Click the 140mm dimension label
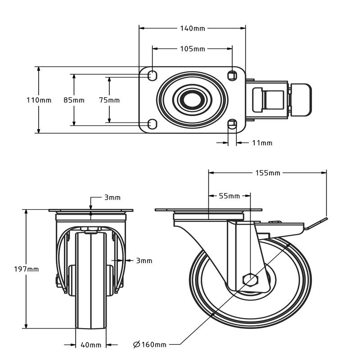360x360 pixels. [193, 28]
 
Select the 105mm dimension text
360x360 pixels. [193, 49]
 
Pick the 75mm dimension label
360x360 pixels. [109, 100]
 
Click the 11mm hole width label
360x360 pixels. [262, 143]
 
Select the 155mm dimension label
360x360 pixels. [268, 172]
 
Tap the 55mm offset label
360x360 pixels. [230, 196]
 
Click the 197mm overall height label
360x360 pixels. [27, 269]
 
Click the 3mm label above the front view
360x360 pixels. [112, 198]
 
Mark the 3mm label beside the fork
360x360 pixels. [144, 260]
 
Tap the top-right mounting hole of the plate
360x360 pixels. [232, 75]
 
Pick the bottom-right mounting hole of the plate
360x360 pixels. [232, 123]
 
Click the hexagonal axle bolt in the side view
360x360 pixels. [250, 279]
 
